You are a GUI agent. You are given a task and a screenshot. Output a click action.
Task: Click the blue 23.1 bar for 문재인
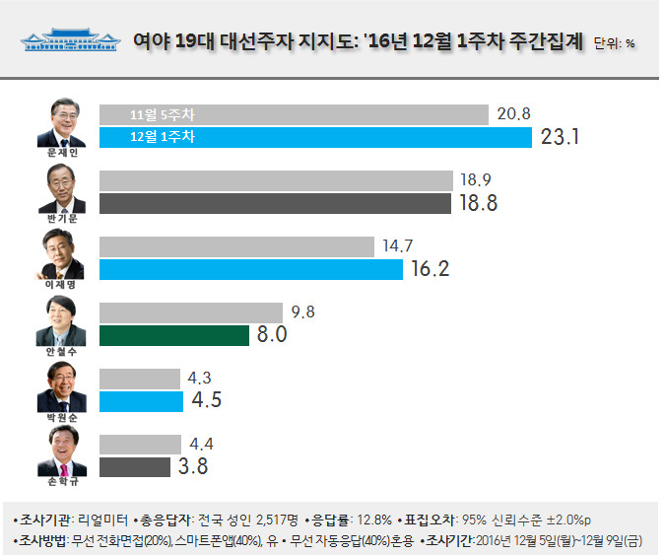(x=315, y=136)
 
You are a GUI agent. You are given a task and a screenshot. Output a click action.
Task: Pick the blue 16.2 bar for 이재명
(x=251, y=268)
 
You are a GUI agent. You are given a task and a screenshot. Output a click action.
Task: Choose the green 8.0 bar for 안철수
(x=174, y=335)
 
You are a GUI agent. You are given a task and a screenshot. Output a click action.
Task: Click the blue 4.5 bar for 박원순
(x=141, y=401)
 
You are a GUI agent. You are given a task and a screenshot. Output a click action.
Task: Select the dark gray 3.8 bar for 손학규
(x=138, y=467)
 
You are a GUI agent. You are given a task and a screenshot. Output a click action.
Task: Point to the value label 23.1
(x=559, y=137)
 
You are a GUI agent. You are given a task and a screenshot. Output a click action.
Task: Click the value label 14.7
(x=394, y=245)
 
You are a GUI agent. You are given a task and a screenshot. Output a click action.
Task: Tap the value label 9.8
(x=304, y=312)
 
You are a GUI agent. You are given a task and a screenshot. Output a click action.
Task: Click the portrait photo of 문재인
(x=60, y=120)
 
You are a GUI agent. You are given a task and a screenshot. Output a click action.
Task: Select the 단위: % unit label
(x=615, y=44)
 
